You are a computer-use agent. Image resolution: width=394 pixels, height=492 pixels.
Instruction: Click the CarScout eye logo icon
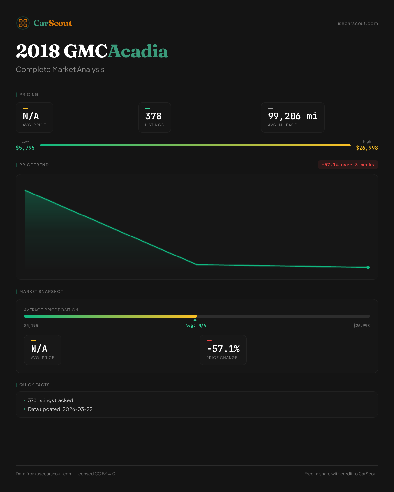click(x=23, y=23)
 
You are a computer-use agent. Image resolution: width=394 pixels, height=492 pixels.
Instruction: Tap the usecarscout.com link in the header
click(x=357, y=23)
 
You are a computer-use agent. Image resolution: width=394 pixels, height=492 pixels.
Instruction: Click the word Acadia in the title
click(x=138, y=51)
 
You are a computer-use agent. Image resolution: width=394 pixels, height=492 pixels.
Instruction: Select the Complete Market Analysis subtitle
click(x=60, y=70)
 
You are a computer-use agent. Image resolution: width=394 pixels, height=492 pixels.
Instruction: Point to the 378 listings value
click(x=153, y=116)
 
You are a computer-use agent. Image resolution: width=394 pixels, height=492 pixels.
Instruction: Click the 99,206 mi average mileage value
click(x=293, y=116)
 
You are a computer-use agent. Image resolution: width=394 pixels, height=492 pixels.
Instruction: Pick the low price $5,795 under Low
click(x=25, y=148)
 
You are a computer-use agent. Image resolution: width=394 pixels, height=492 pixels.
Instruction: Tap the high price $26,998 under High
click(x=367, y=148)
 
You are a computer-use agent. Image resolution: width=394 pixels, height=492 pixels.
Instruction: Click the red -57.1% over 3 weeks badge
click(x=348, y=165)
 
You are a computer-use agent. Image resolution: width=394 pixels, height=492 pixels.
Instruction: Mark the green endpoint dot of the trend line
click(x=368, y=267)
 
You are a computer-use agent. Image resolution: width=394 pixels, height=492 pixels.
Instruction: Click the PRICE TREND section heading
click(x=34, y=165)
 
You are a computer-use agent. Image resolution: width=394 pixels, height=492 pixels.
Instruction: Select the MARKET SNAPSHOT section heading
click(x=41, y=292)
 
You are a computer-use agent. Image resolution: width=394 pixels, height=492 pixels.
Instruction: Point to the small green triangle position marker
click(x=195, y=320)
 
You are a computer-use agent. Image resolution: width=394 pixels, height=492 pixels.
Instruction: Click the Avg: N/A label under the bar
click(x=196, y=326)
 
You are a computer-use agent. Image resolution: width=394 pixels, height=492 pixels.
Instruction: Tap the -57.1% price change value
click(x=223, y=349)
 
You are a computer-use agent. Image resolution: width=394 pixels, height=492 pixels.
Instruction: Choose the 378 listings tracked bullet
click(x=50, y=400)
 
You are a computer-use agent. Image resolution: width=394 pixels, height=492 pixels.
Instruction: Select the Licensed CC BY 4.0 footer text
click(x=95, y=474)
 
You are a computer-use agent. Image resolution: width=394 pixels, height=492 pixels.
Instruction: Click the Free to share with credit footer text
click(x=341, y=474)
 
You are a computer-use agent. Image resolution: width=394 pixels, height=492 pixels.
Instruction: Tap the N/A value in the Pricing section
click(x=31, y=116)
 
